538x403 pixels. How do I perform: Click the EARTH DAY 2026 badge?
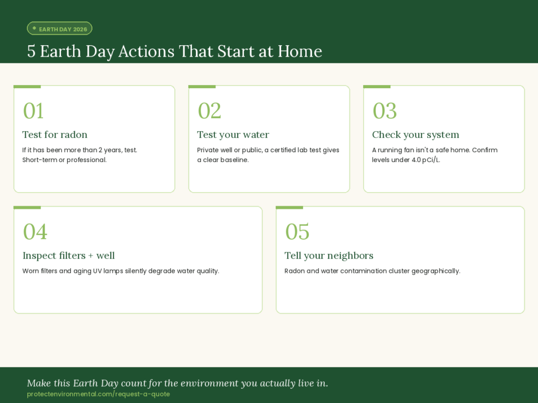click(x=60, y=28)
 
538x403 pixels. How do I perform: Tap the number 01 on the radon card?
click(x=33, y=111)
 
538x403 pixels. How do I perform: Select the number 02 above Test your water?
click(x=209, y=111)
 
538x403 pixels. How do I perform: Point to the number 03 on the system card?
click(x=385, y=111)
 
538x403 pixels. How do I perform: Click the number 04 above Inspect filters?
click(x=35, y=231)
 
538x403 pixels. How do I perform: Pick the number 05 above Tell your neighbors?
click(x=297, y=231)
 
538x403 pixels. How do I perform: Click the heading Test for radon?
click(x=55, y=135)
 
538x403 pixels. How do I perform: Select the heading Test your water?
click(x=233, y=135)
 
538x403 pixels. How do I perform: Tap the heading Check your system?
click(x=416, y=135)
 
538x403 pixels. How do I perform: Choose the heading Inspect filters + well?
click(x=69, y=256)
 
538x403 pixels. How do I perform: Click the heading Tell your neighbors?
click(x=329, y=256)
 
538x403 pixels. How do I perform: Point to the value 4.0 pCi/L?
click(x=426, y=160)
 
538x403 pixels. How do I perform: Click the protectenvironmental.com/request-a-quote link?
click(x=98, y=394)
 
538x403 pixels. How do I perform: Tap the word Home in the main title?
click(x=300, y=51)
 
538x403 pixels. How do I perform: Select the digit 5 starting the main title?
click(x=31, y=51)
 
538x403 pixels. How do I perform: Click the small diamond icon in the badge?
click(x=34, y=28)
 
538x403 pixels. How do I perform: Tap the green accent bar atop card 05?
click(x=289, y=208)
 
